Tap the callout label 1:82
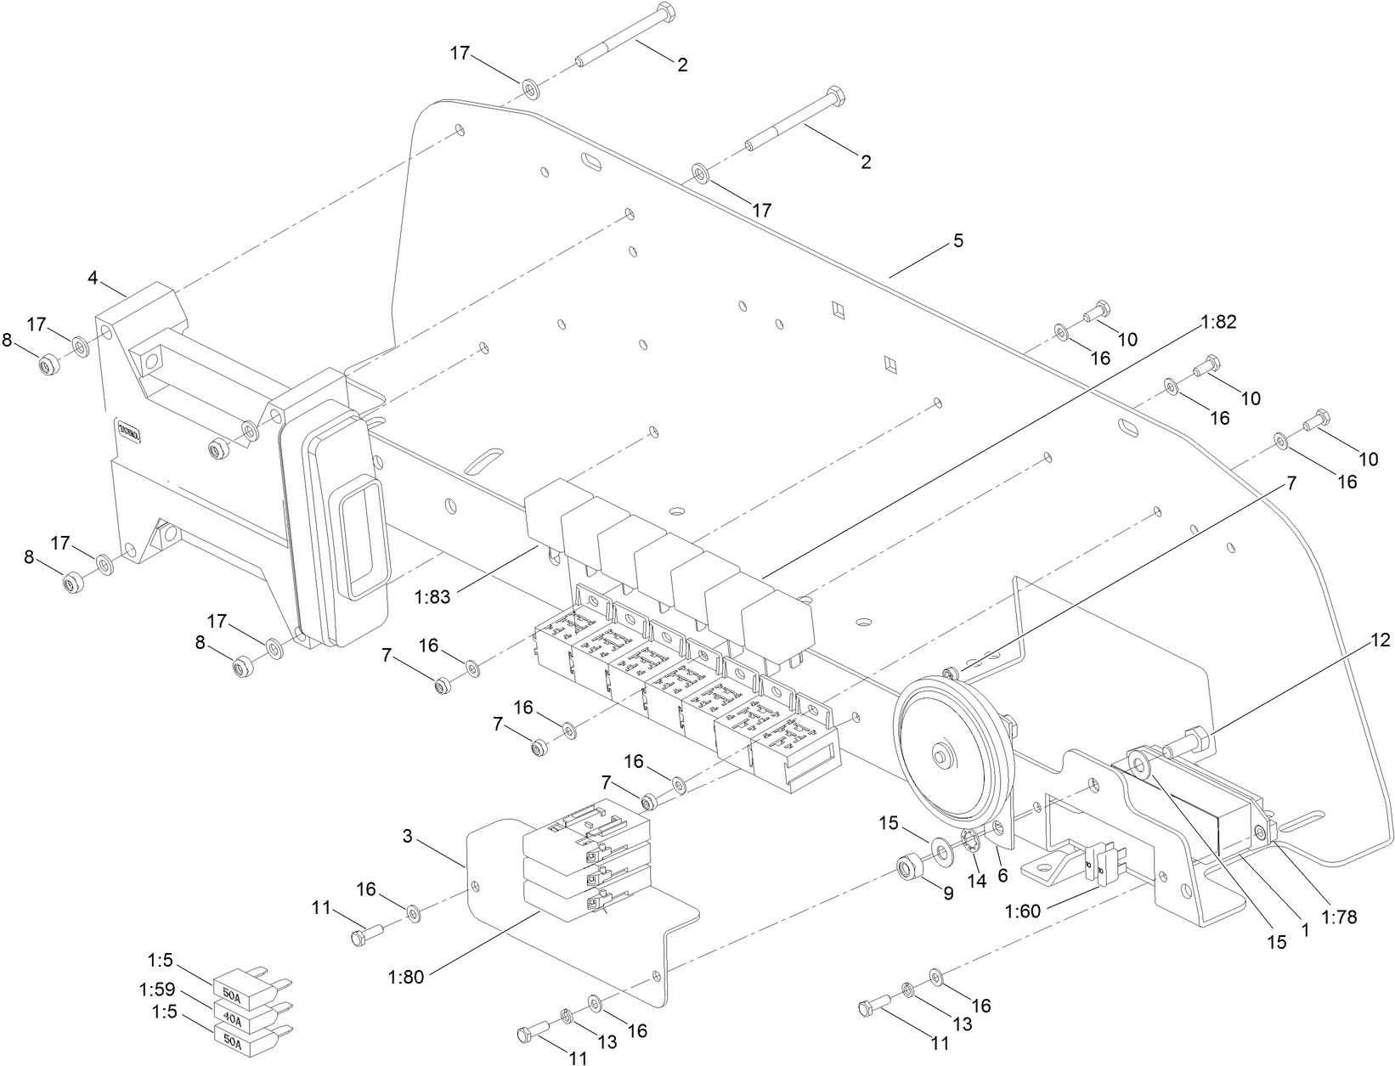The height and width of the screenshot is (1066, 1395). [x=1218, y=322]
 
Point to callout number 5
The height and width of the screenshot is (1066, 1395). [x=958, y=240]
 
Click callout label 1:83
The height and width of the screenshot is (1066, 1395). [x=433, y=597]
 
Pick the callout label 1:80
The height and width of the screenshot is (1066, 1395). [x=406, y=977]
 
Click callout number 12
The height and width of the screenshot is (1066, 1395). [x=1381, y=640]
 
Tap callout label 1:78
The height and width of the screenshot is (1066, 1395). [x=1340, y=917]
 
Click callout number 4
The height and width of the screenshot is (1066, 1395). [x=93, y=277]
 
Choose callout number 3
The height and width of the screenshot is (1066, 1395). [x=408, y=837]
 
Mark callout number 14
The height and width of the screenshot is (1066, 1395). [x=977, y=882]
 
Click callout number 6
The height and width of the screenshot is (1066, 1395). [x=1002, y=876]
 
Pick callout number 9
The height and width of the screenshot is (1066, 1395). [x=948, y=893]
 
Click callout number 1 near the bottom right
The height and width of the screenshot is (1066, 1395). [x=1304, y=930]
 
